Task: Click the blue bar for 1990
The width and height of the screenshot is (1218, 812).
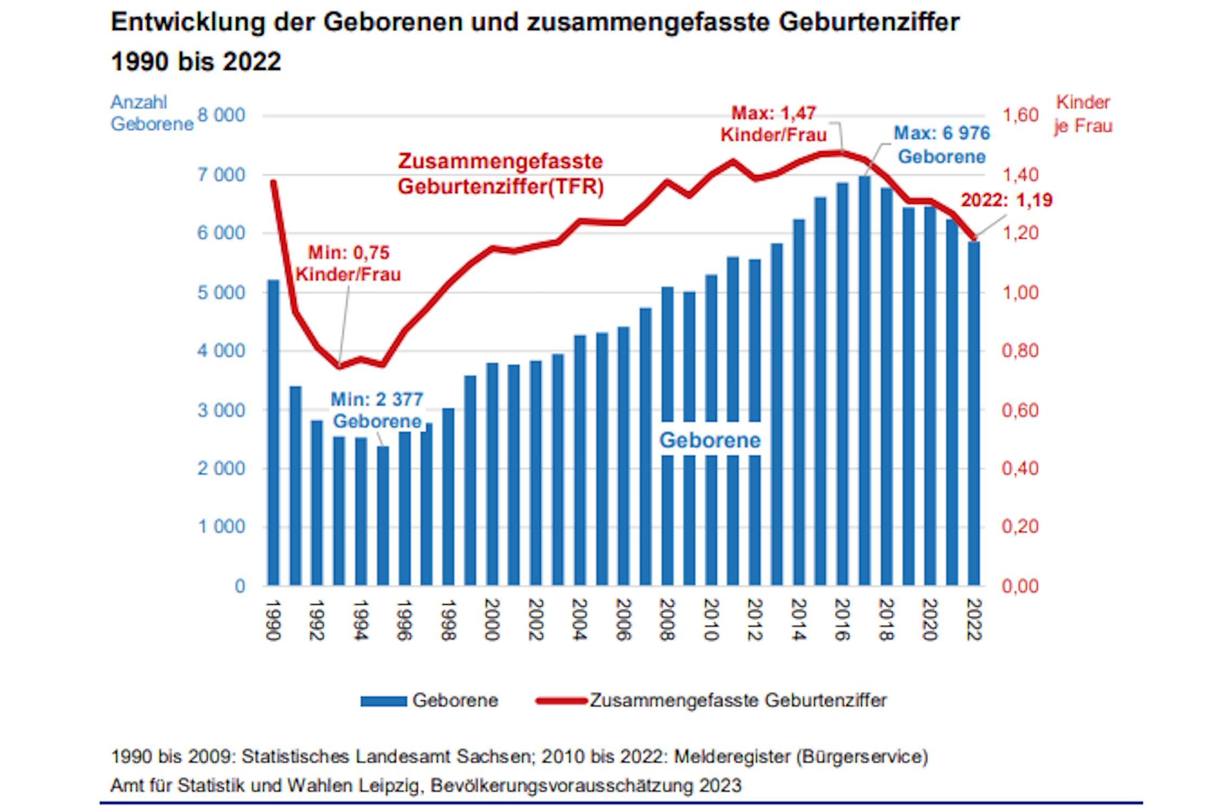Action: tap(273, 433)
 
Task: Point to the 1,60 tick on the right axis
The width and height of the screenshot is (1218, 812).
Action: tap(1020, 115)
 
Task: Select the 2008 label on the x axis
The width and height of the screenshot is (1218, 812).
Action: tap(667, 619)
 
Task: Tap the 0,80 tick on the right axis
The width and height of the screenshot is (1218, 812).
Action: tap(1020, 351)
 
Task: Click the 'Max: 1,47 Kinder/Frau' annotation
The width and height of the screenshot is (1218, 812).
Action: tap(774, 124)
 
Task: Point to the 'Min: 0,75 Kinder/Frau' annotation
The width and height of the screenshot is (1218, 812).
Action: tap(348, 264)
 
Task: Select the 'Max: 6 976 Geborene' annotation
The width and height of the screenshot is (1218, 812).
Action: tap(941, 145)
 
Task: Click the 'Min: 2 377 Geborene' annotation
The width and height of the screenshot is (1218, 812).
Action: tap(377, 410)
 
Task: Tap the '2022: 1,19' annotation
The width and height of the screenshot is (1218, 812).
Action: tap(1006, 200)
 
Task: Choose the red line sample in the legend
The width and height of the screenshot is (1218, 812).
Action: tap(561, 701)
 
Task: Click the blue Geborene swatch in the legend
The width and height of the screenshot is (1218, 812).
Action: tap(383, 701)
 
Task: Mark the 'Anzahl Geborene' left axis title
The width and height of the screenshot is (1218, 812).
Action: tap(152, 113)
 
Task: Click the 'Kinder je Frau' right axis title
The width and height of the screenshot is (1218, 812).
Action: tap(1083, 114)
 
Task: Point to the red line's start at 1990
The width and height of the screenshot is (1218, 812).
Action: tap(273, 182)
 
